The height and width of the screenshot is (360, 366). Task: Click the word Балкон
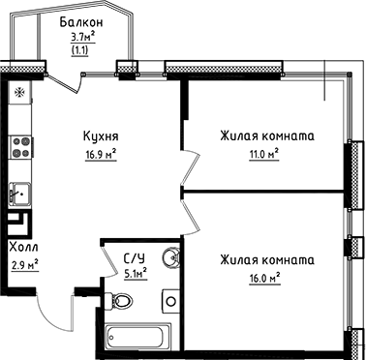coord(79,21)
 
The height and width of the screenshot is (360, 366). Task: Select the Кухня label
coord(101,136)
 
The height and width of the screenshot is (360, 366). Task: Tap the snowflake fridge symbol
coord(19,93)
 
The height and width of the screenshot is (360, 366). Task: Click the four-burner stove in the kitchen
coord(18,147)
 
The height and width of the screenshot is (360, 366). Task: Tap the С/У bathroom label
coord(135,258)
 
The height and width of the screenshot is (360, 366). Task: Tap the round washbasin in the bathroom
coord(170,258)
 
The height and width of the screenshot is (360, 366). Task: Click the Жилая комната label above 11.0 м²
coord(267,135)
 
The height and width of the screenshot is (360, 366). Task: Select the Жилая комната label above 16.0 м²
coord(267,260)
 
